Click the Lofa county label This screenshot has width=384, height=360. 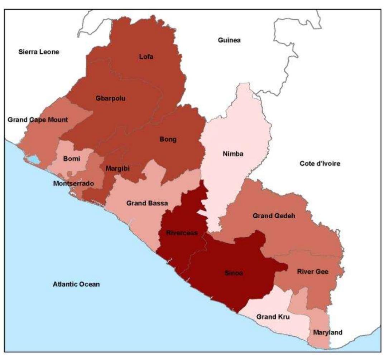tap(146, 56)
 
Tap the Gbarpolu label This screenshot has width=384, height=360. tap(110, 98)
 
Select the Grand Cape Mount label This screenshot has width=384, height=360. tap(38, 120)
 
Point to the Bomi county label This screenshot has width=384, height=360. tap(72, 158)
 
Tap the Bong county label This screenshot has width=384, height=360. tap(168, 140)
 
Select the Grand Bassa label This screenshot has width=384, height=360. tap(147, 203)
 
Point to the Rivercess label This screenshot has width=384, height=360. tap(182, 233)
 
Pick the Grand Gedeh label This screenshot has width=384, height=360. tap(274, 216)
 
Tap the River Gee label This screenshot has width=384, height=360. tap(313, 272)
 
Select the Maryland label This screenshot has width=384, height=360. tap(327, 332)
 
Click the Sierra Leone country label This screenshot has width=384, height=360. tap(39, 52)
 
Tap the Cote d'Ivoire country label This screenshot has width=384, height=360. tap(320, 164)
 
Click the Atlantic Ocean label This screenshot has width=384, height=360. tap(76, 284)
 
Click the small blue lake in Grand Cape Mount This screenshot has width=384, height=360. tap(34, 159)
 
